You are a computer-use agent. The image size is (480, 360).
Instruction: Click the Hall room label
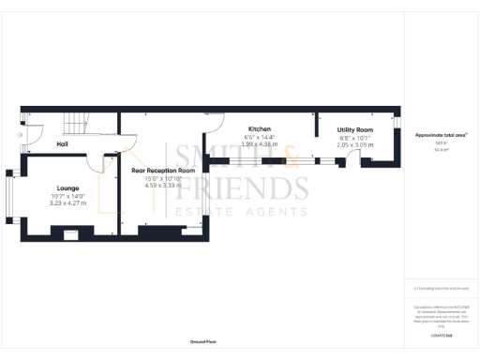[x=62, y=144]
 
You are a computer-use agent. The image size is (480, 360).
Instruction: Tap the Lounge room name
[x=67, y=187]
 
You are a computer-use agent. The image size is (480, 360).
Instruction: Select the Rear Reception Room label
[x=163, y=171]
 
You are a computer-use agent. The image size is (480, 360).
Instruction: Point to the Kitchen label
[x=260, y=128]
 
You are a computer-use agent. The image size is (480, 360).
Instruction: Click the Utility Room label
[x=355, y=130]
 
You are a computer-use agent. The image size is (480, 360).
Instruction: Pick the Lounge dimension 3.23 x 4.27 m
[x=67, y=202]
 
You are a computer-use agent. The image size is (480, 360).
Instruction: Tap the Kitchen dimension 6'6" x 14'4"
[x=260, y=136]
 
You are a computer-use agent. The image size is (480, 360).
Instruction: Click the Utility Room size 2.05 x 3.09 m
[x=355, y=145]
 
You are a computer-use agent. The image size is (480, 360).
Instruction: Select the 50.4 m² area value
[x=440, y=150]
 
